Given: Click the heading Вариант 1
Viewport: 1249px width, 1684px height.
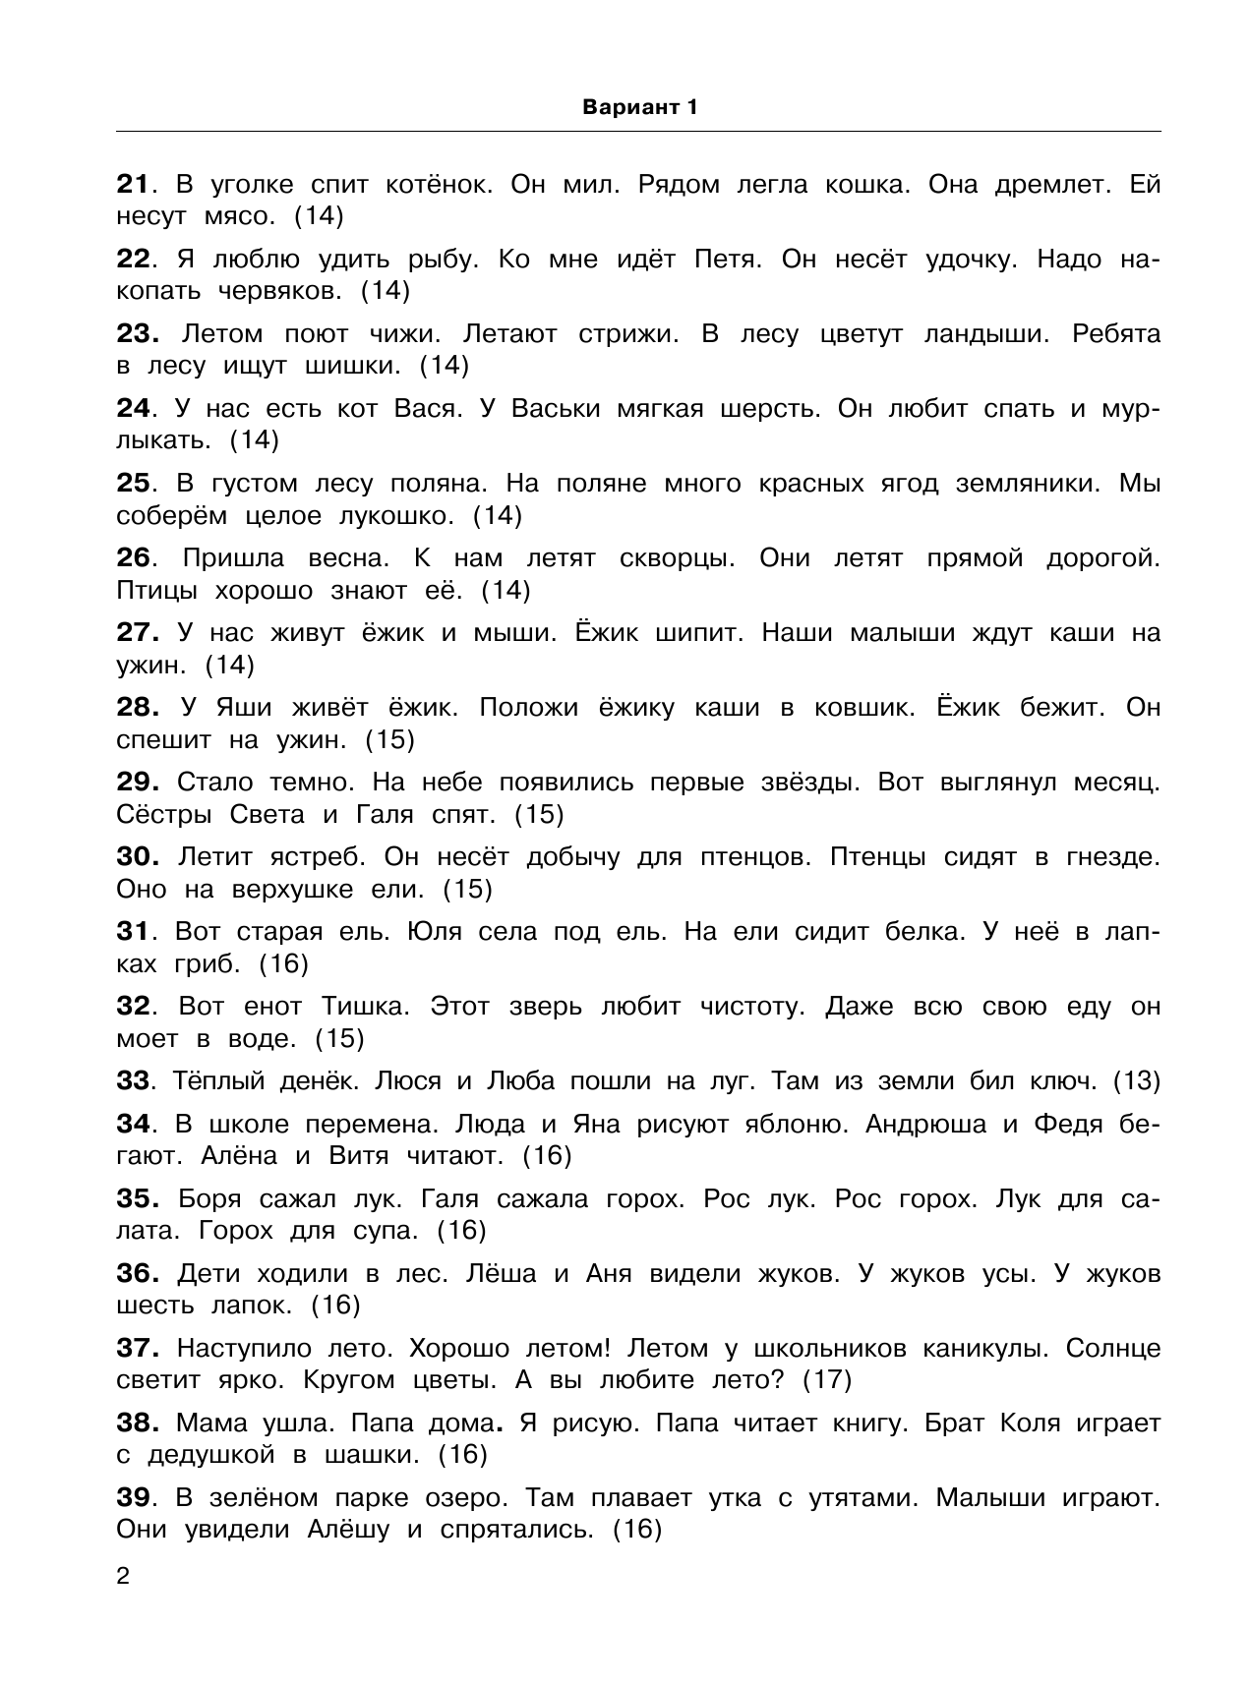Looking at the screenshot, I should pyautogui.click(x=639, y=108).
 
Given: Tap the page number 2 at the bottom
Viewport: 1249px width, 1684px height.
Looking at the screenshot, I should pyautogui.click(x=123, y=1577).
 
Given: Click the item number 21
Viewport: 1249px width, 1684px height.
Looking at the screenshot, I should pyautogui.click(x=132, y=185).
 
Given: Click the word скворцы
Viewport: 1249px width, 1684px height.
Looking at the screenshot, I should pyautogui.click(x=678, y=558).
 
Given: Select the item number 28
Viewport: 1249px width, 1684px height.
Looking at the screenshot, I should pyautogui.click(x=137, y=708).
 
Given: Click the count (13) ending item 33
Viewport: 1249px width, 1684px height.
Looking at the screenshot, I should pyautogui.click(x=1136, y=1081).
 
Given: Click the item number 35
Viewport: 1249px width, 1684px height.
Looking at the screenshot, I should pyautogui.click(x=137, y=1199).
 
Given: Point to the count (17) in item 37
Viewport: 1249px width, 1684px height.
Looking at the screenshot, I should pyautogui.click(x=826, y=1379).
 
